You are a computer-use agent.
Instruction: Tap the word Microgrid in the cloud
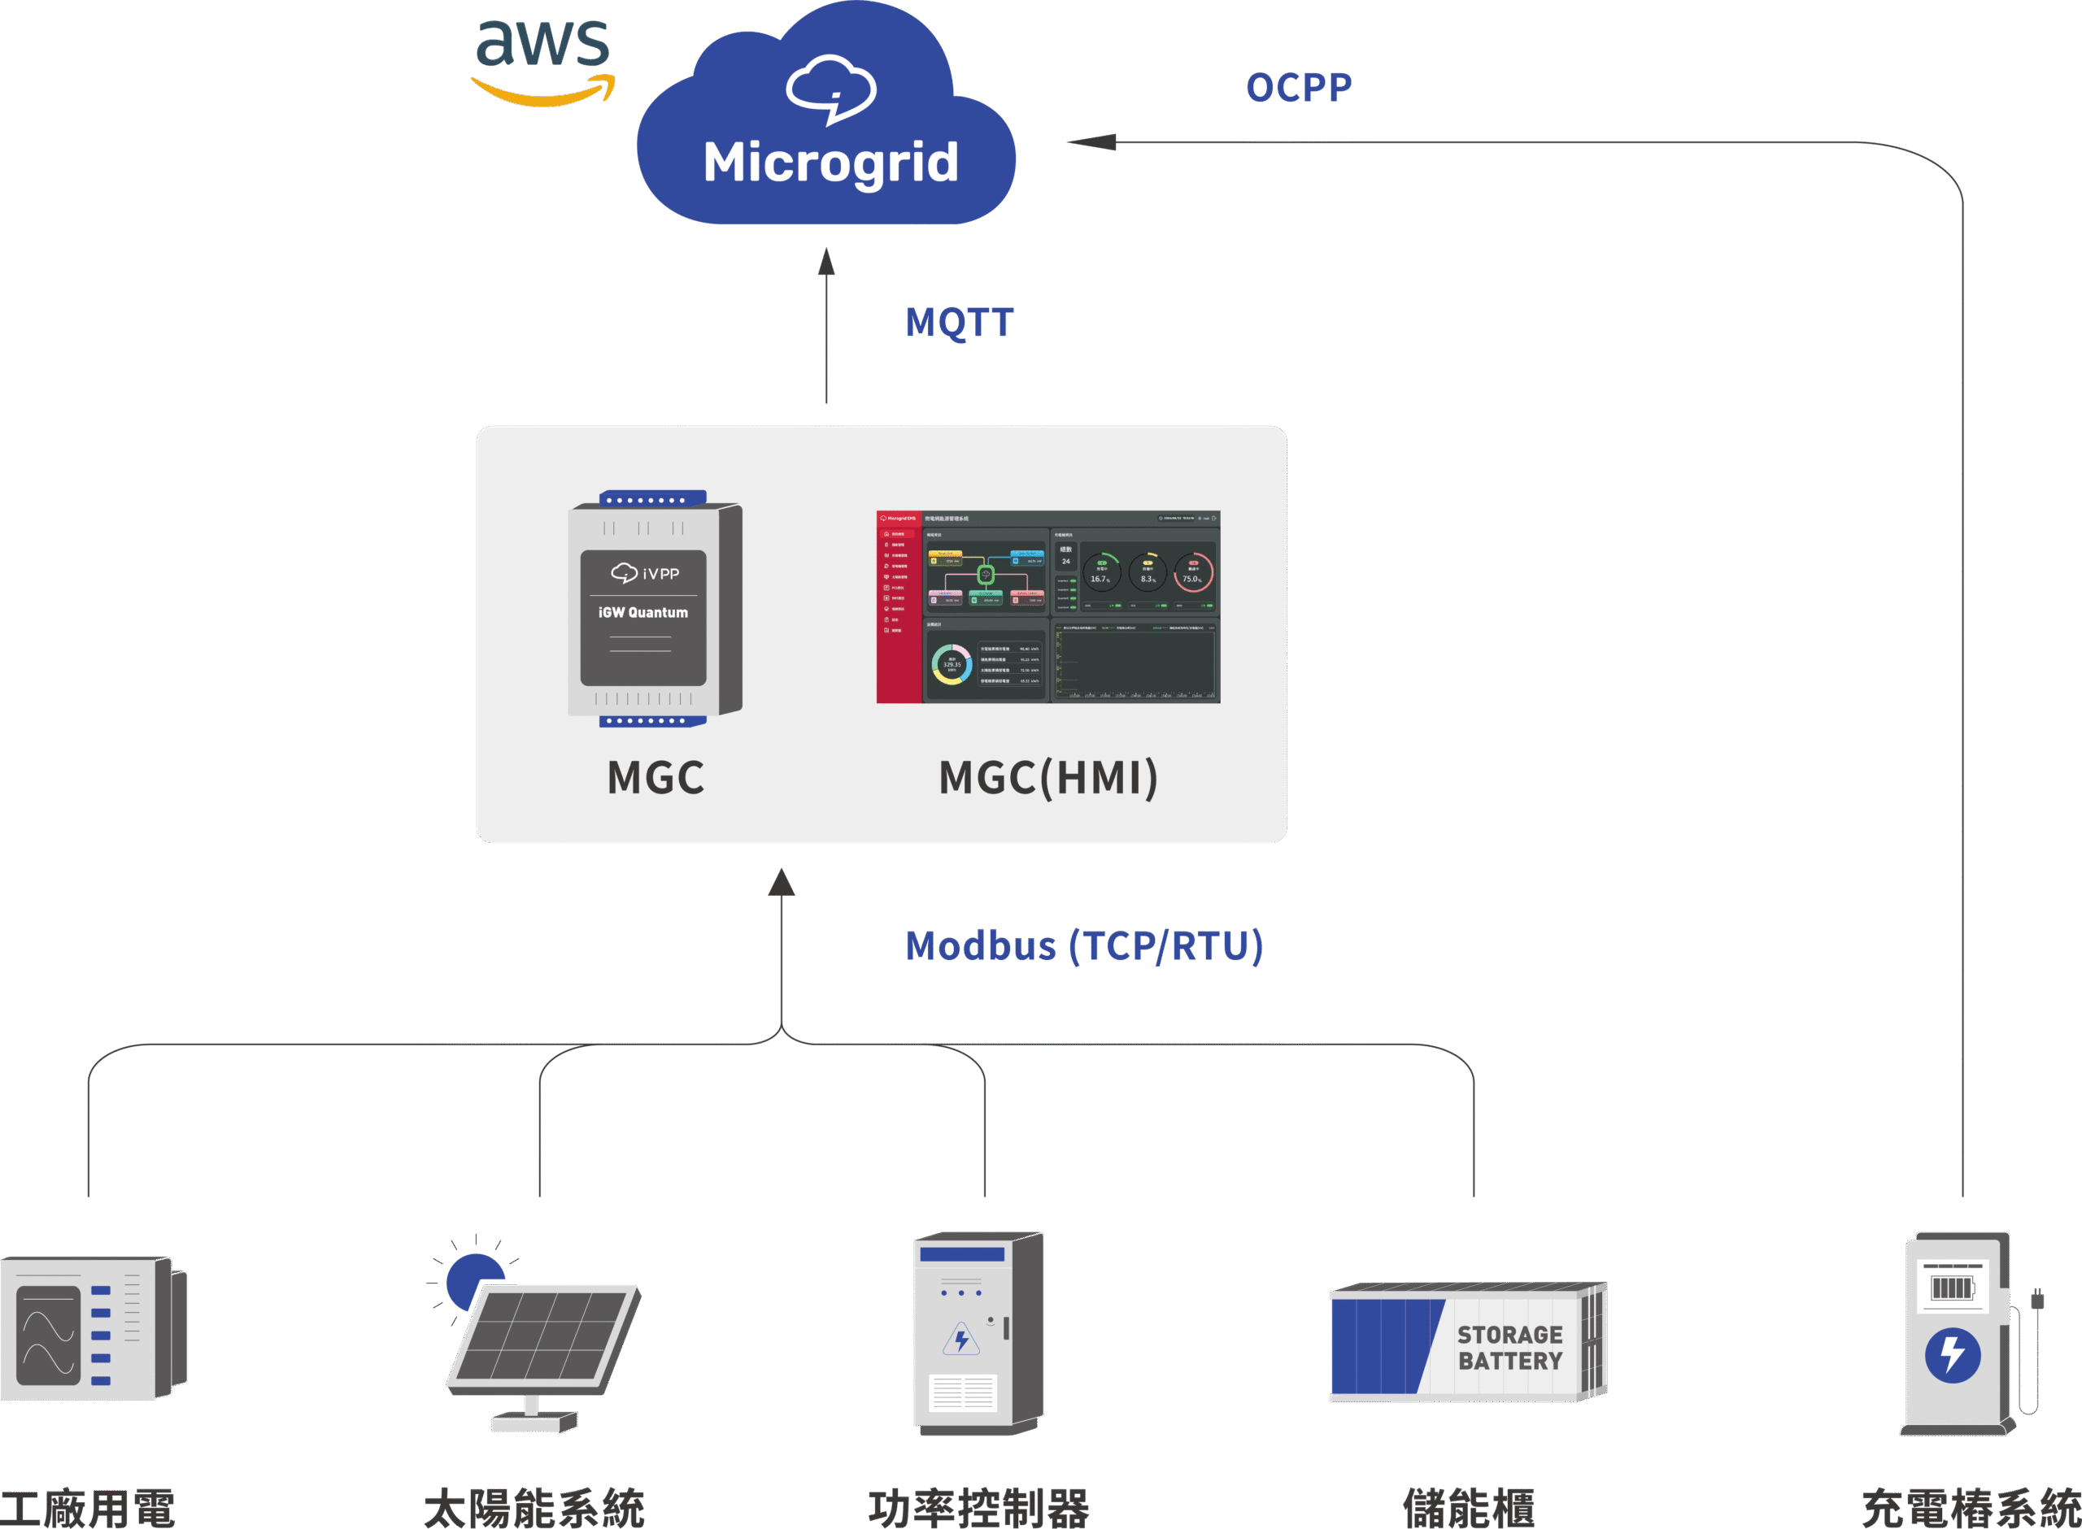[x=830, y=162]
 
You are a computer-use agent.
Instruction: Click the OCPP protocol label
[x=1298, y=88]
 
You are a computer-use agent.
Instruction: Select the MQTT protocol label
[x=959, y=323]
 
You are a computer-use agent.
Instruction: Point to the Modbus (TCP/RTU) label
[x=1084, y=946]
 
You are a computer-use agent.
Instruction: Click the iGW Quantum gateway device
[x=655, y=608]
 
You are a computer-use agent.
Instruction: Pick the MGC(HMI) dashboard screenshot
[x=1048, y=606]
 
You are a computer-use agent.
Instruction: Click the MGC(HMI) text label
[x=1048, y=777]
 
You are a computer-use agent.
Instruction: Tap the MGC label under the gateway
[x=656, y=777]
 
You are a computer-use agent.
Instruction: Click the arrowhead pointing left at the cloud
[x=1092, y=142]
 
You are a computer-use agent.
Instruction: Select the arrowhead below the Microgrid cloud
[x=826, y=262]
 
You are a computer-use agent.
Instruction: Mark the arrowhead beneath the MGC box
[x=782, y=882]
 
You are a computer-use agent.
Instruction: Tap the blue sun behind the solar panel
[x=473, y=1279]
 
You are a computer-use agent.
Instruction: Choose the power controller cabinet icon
[x=978, y=1333]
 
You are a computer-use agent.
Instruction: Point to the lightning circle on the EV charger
[x=1953, y=1356]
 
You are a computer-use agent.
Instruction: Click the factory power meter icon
[x=93, y=1328]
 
